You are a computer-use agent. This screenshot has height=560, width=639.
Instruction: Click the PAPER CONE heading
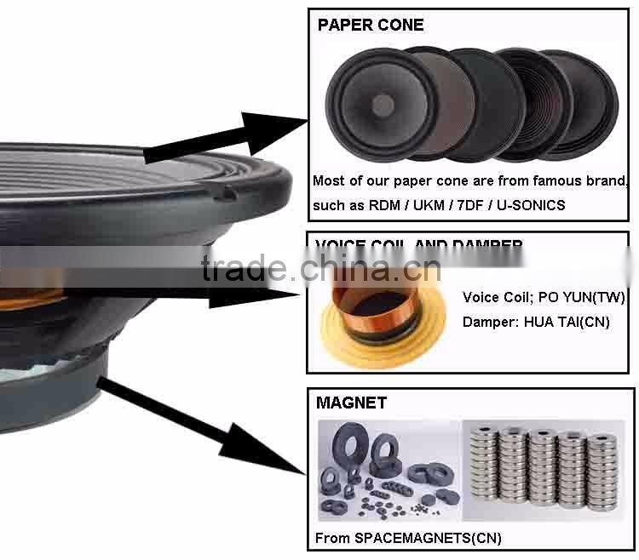pyautogui.click(x=370, y=25)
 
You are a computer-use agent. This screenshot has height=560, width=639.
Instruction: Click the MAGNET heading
pyautogui.click(x=351, y=402)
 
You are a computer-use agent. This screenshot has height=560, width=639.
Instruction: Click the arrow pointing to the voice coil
pyautogui.click(x=256, y=294)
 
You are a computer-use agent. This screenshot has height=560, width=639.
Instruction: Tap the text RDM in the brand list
pyautogui.click(x=381, y=205)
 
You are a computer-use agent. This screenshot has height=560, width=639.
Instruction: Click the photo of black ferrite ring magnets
pyautogui.click(x=388, y=470)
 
